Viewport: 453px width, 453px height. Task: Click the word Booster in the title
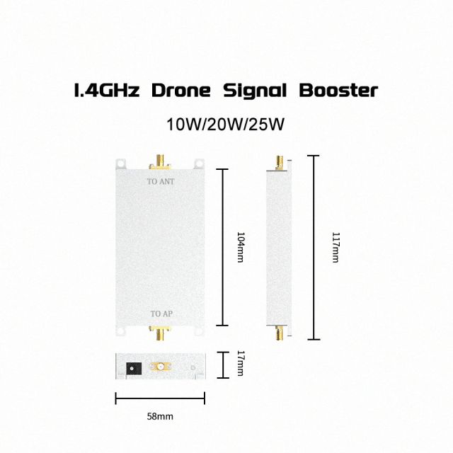click(338, 91)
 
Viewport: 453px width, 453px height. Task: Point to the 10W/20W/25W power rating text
click(225, 125)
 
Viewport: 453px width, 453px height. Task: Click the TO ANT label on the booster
click(160, 182)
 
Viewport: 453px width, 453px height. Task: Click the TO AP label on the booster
click(160, 314)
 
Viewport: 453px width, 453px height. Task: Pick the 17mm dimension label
click(240, 365)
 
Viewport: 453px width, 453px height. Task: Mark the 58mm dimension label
click(160, 416)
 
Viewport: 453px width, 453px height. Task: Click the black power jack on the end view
click(132, 368)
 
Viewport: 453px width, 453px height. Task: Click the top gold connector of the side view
click(280, 162)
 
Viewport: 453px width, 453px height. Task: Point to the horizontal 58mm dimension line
click(160, 398)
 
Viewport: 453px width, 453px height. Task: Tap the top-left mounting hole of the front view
click(121, 164)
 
